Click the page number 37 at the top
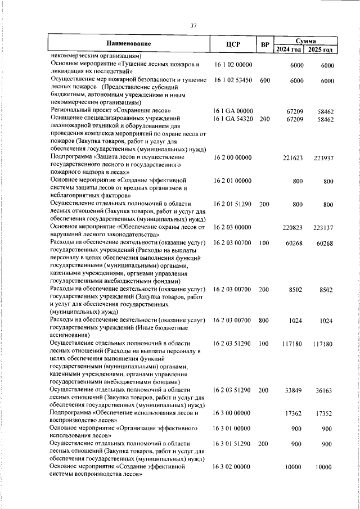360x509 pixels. [x=193, y=25]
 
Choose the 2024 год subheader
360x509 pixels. [x=290, y=49]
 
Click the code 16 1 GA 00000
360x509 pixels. [x=233, y=111]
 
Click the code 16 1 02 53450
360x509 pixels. [x=233, y=80]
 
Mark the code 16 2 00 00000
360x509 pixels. [x=233, y=159]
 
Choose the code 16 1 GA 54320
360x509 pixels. [x=233, y=119]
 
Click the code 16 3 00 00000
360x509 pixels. [x=233, y=412]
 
